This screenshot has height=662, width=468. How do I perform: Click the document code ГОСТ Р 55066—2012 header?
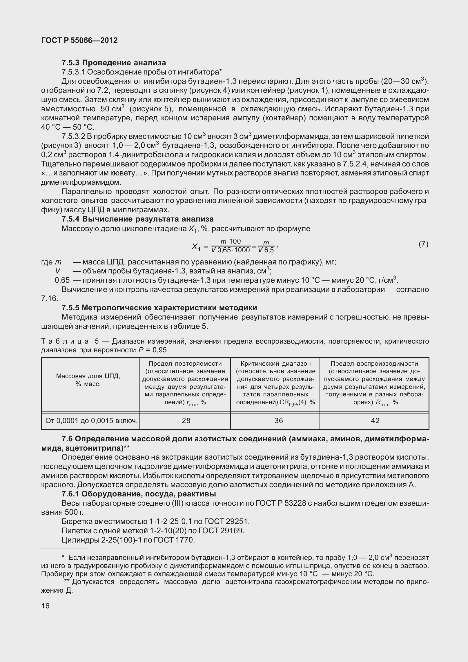[x=79, y=40]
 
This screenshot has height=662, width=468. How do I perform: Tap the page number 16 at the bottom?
[x=45, y=606]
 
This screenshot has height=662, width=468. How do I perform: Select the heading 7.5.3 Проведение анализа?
[x=114, y=63]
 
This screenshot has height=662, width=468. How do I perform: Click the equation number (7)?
[x=423, y=244]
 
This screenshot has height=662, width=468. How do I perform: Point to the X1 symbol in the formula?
[x=196, y=247]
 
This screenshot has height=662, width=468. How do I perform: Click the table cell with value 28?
[x=186, y=420]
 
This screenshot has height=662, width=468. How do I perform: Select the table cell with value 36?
[x=278, y=420]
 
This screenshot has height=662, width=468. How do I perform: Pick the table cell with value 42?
[x=375, y=420]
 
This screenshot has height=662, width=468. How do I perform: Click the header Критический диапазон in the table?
[x=275, y=364]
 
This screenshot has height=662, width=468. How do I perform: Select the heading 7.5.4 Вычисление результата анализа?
[x=137, y=219]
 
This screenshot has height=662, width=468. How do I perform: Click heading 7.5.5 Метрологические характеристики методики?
[x=159, y=307]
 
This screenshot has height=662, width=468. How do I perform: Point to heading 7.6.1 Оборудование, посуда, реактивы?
[x=139, y=494]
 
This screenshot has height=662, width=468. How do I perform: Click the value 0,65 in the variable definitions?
[x=62, y=280]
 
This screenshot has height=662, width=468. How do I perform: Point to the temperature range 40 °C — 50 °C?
[x=68, y=127]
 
